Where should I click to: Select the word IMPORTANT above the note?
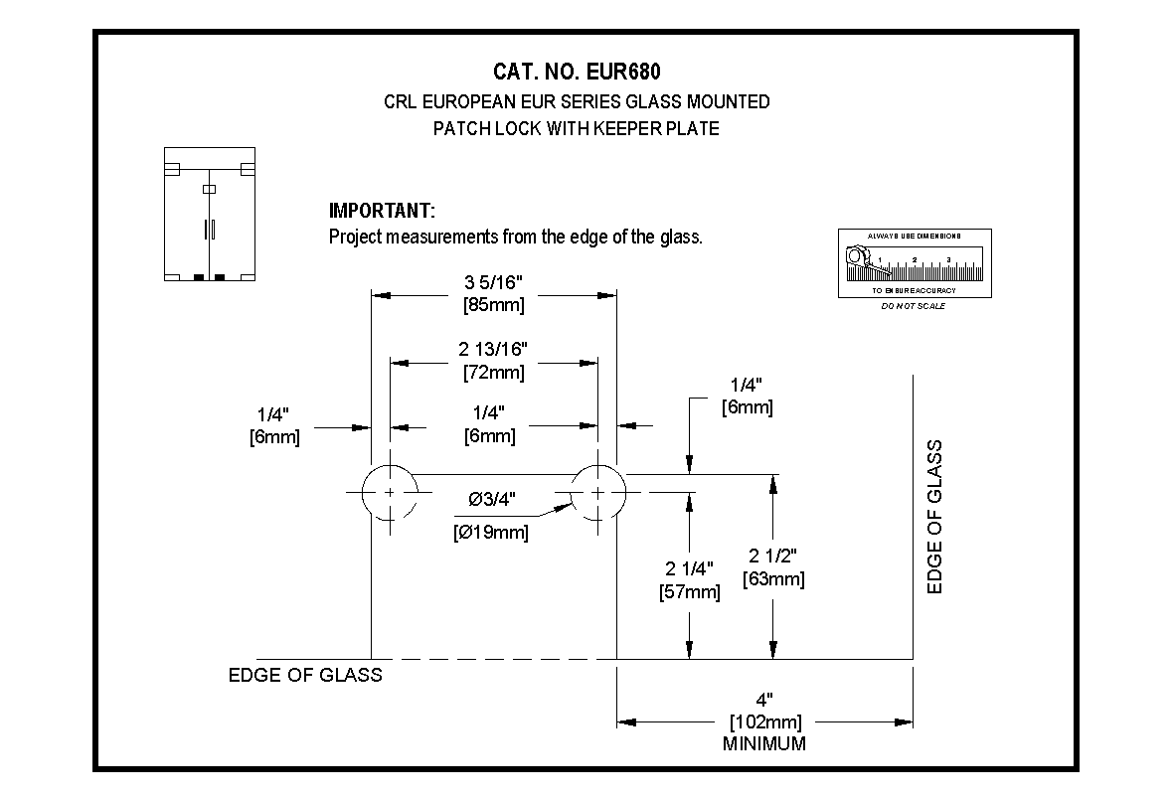[x=382, y=211]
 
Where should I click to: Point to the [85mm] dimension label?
[x=493, y=305]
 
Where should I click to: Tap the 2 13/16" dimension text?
[x=493, y=349]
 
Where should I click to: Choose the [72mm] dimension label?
[x=493, y=373]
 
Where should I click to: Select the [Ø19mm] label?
[x=490, y=533]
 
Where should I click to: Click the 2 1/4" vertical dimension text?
[x=690, y=569]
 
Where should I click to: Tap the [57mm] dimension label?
[x=690, y=592]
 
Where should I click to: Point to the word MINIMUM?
[x=765, y=743]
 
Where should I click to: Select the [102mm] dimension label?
[x=765, y=722]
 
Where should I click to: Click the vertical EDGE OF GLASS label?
[x=934, y=517]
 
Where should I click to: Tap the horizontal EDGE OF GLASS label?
[x=305, y=676]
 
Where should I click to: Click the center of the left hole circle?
[x=390, y=492]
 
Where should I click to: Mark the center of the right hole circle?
[x=597, y=492]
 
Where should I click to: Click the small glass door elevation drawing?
[x=210, y=215]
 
